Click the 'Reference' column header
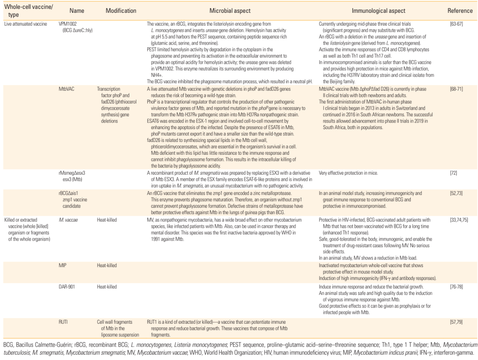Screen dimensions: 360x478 456,10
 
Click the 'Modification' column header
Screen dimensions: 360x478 121,10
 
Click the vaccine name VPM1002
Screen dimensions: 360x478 69,23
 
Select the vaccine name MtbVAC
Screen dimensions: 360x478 66,89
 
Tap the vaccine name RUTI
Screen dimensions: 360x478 64,322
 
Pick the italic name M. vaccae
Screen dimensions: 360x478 68,219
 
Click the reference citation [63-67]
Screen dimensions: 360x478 456,23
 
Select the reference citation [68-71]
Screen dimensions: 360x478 456,89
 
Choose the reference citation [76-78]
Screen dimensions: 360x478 456,287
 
